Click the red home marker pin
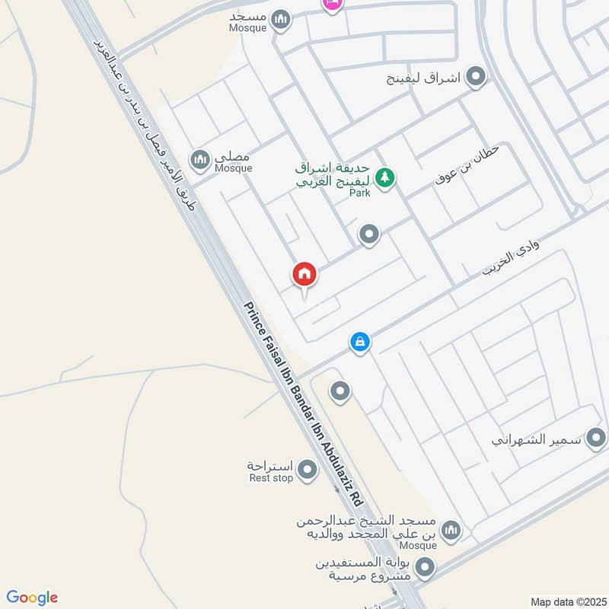pyautogui.click(x=304, y=274)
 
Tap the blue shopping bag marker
pyautogui.click(x=360, y=343)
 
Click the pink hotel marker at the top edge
pyautogui.click(x=332, y=4)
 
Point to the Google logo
pyautogui.click(x=32, y=598)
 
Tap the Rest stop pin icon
pyautogui.click(x=308, y=470)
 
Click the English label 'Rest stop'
pyautogui.click(x=271, y=478)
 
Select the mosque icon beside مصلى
pyautogui.click(x=200, y=159)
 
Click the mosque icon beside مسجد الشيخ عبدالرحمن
pyautogui.click(x=451, y=530)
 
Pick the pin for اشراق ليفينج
pyautogui.click(x=477, y=77)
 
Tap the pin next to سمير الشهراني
pyautogui.click(x=597, y=438)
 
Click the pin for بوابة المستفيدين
pyautogui.click(x=426, y=567)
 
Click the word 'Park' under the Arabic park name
pyautogui.click(x=359, y=193)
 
